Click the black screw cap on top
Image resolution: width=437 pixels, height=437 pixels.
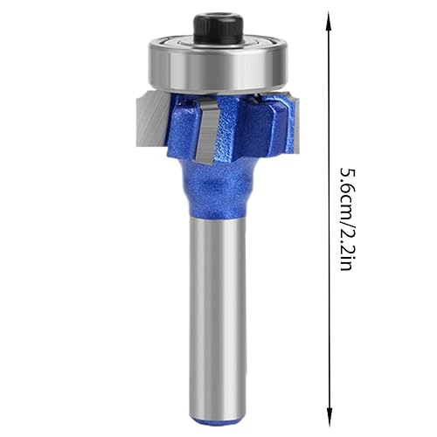click(x=218, y=28)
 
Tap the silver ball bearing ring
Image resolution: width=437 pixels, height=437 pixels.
click(x=218, y=70)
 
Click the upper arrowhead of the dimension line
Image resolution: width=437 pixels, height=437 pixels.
click(x=329, y=20)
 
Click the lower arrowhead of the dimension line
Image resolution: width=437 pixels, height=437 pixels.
click(x=329, y=419)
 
